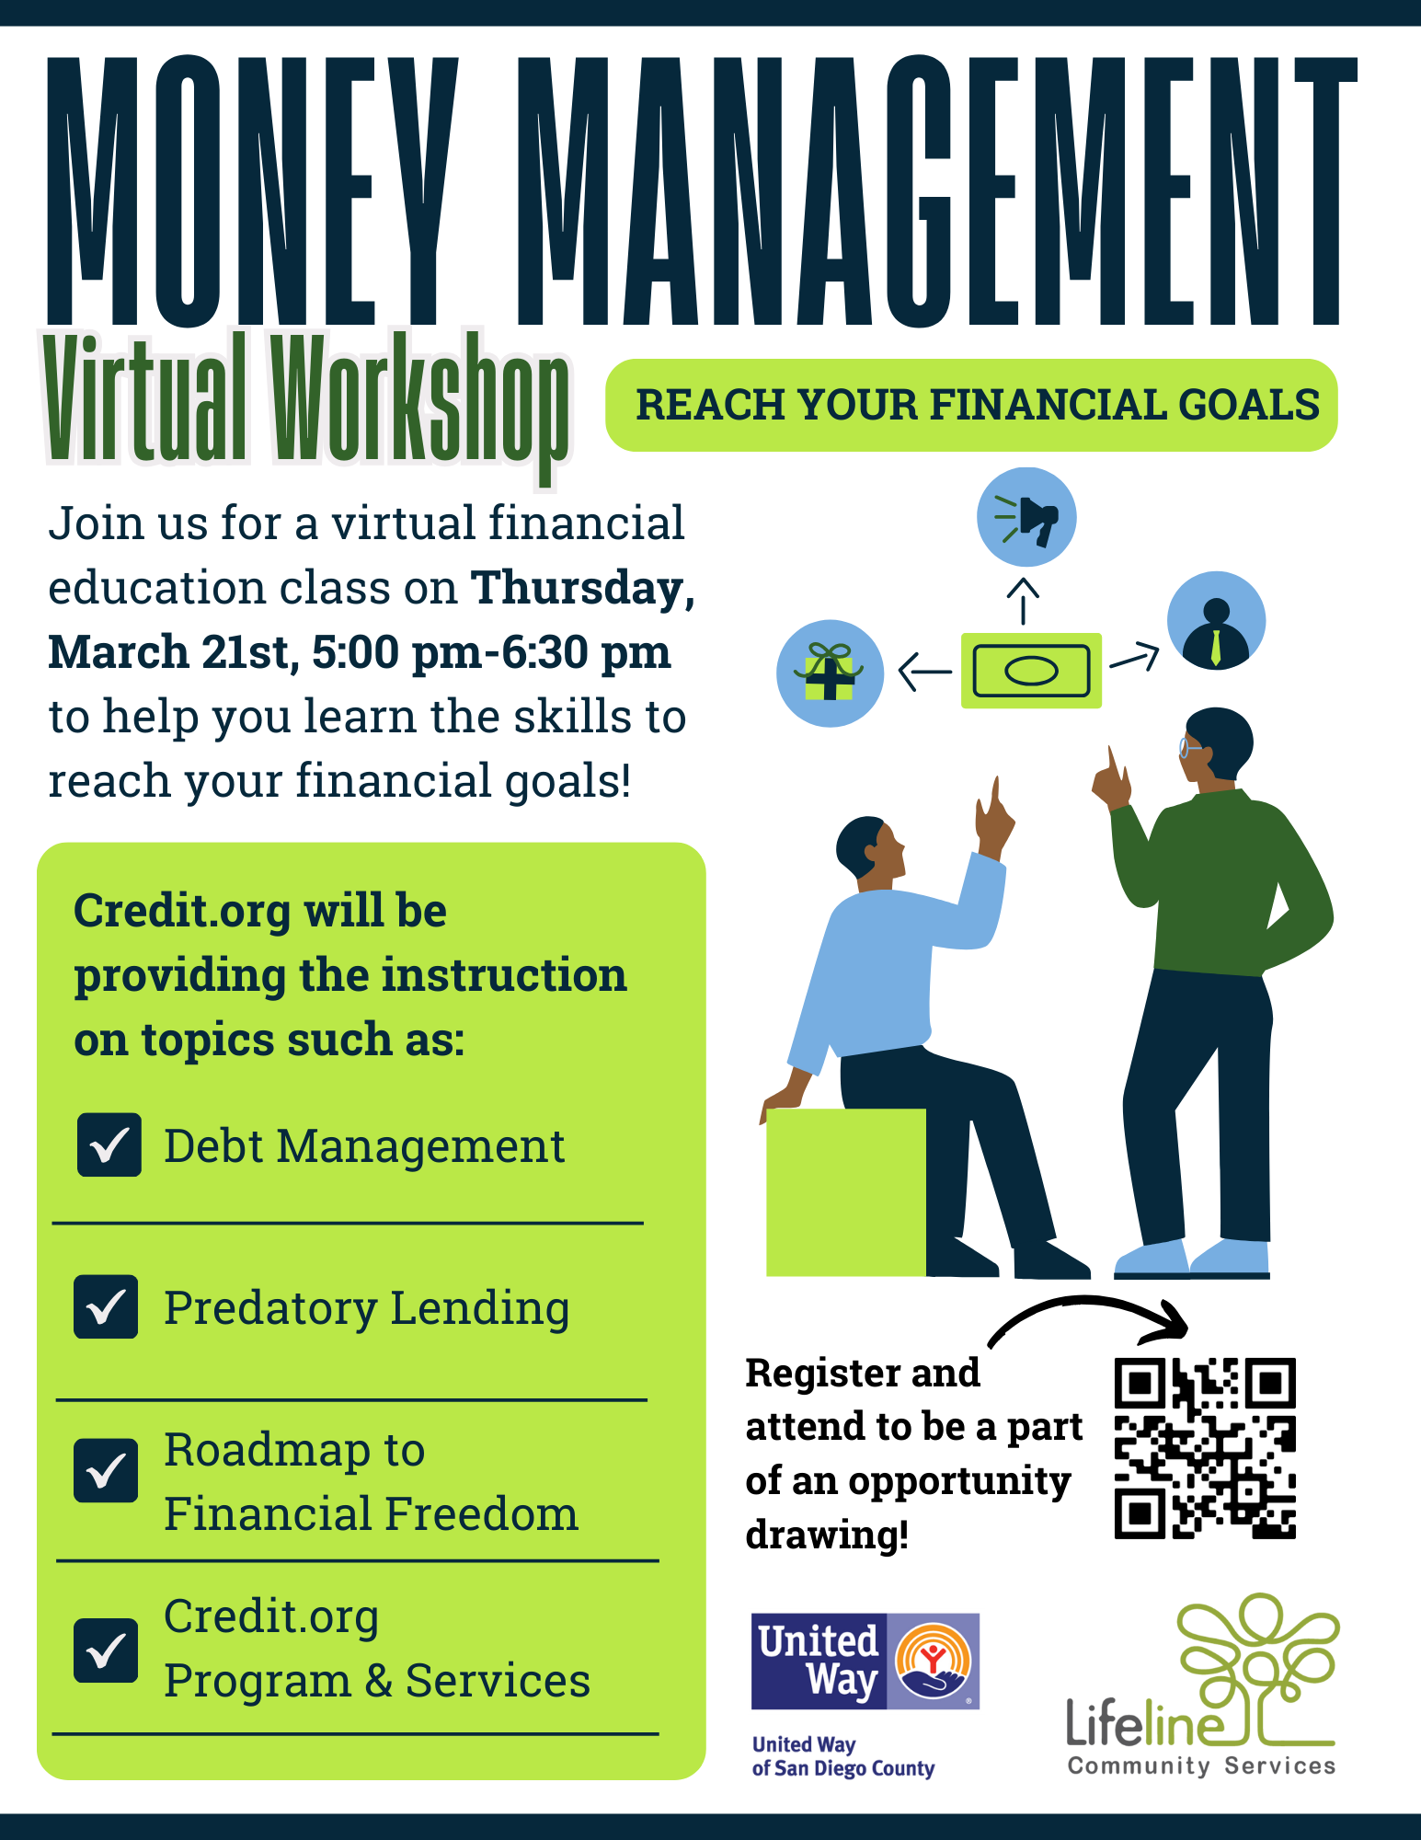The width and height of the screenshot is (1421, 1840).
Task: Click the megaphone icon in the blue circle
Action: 1026,517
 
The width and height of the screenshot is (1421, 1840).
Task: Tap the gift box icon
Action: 830,673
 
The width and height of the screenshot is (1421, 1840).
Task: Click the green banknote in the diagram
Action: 1031,671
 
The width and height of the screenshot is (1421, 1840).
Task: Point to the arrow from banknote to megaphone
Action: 1023,601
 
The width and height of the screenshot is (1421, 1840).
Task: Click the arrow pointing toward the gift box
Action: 924,672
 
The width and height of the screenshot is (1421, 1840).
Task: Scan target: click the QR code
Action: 1205,1448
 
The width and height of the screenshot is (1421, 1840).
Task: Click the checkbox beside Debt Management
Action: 109,1144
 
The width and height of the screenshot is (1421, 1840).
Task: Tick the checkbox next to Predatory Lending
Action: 106,1306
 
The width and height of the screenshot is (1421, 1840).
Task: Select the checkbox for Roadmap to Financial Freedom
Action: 106,1470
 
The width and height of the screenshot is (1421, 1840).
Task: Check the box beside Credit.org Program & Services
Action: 106,1650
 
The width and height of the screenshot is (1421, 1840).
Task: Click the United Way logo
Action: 865,1661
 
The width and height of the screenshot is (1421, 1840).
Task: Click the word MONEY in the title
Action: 253,191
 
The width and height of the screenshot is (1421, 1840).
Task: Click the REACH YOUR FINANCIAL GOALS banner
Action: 972,405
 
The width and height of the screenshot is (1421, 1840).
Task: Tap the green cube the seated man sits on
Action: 846,1192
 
